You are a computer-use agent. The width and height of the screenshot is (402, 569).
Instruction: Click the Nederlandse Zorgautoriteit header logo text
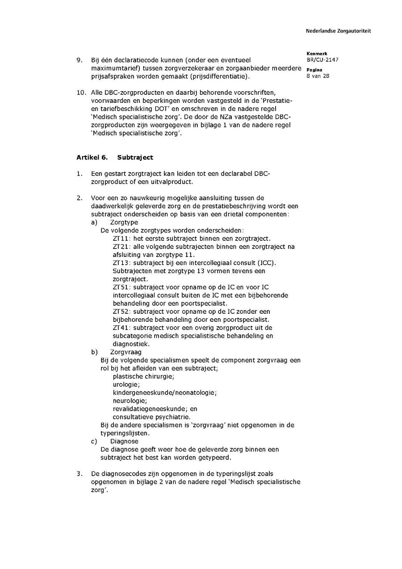click(338, 31)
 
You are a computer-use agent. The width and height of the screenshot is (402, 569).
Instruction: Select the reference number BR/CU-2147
click(322, 60)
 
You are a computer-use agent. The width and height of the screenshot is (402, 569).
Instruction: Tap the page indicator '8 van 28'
click(318, 76)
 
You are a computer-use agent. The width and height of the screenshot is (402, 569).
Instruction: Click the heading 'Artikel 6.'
click(91, 157)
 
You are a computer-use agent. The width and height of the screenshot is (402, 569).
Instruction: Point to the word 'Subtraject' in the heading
click(135, 157)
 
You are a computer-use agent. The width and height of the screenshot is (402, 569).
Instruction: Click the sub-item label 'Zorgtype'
click(124, 222)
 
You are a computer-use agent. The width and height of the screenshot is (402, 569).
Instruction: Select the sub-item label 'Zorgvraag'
click(126, 352)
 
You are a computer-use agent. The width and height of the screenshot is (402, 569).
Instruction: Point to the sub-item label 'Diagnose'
click(124, 441)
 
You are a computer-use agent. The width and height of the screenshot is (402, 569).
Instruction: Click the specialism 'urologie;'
click(126, 384)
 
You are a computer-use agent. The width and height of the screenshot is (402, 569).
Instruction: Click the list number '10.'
click(81, 93)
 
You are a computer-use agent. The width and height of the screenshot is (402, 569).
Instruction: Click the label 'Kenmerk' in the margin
click(317, 54)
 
